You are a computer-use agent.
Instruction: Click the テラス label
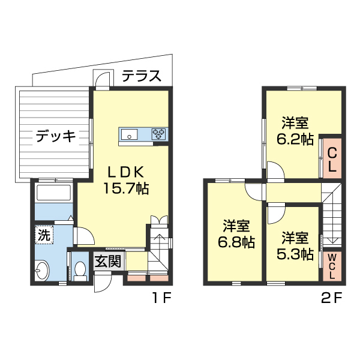point(142,76)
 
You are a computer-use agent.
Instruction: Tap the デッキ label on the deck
point(56,137)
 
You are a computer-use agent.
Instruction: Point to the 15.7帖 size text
point(126,188)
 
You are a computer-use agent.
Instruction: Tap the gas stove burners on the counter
point(160,134)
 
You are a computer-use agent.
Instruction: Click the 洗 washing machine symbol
point(44,235)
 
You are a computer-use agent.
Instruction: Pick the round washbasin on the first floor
point(43,271)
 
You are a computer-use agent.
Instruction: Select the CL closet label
point(331,160)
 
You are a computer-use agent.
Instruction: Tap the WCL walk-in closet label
point(332,266)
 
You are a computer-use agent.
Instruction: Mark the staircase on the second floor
point(332,216)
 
